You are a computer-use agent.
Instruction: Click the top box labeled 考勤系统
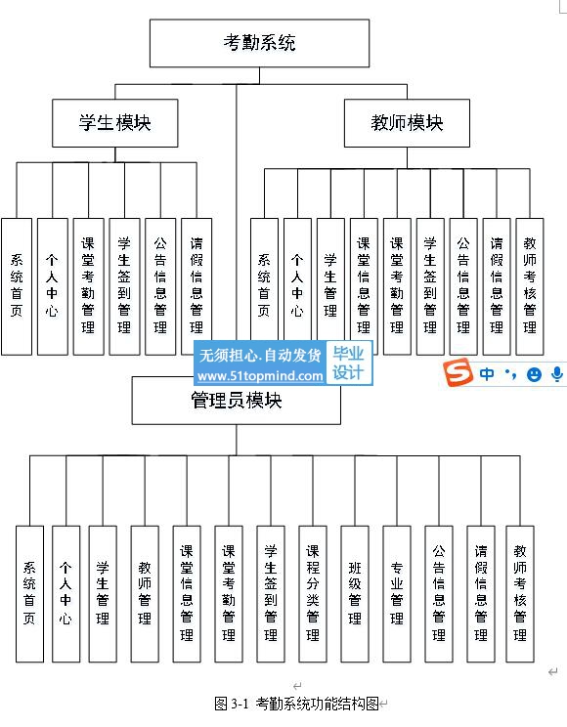259,43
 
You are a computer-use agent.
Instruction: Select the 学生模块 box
115,123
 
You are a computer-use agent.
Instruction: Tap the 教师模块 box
407,123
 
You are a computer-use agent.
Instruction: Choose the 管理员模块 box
237,401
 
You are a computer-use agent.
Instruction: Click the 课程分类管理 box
313,594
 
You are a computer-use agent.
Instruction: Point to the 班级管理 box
355,594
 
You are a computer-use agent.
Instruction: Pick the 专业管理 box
397,594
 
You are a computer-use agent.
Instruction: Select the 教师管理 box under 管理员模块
145,594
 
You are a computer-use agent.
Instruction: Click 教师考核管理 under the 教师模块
530,286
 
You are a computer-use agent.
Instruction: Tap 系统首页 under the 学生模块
17,286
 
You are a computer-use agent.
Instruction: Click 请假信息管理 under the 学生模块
196,286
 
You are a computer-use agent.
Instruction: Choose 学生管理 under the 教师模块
330,286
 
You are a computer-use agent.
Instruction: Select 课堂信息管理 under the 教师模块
365,286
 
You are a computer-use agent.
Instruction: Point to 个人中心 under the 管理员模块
65,594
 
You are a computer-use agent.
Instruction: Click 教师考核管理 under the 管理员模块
520,594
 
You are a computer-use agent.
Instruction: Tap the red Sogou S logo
458,372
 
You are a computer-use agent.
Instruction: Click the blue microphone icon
557,373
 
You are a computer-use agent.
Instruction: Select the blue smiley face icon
534,374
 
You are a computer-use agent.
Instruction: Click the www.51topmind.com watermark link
260,375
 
